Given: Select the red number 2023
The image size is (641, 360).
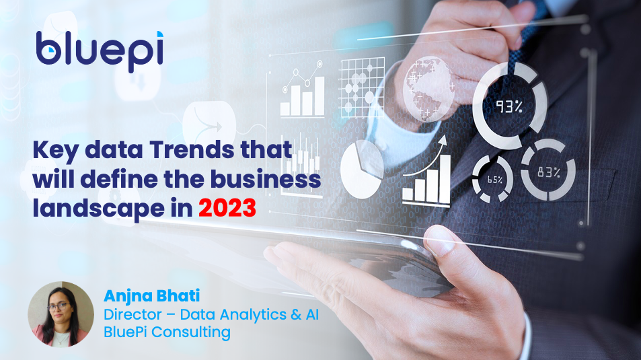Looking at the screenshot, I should pyautogui.click(x=227, y=207).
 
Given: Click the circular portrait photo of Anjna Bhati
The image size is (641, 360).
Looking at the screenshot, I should pyautogui.click(x=61, y=314).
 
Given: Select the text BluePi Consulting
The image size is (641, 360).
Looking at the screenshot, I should pyautogui.click(x=167, y=332).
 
